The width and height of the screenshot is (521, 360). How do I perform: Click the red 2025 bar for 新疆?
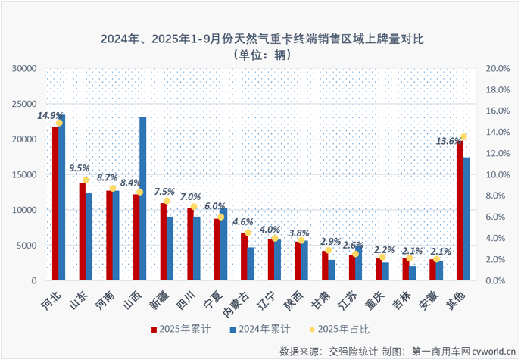[163, 242]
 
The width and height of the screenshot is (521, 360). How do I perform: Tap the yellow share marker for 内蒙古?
[248, 233]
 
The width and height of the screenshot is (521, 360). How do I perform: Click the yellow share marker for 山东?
[86, 180]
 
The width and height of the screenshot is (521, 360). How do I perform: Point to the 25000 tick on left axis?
[24, 104]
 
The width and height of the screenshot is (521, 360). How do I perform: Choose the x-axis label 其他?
[460, 296]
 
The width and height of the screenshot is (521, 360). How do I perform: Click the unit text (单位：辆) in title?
[260, 53]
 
